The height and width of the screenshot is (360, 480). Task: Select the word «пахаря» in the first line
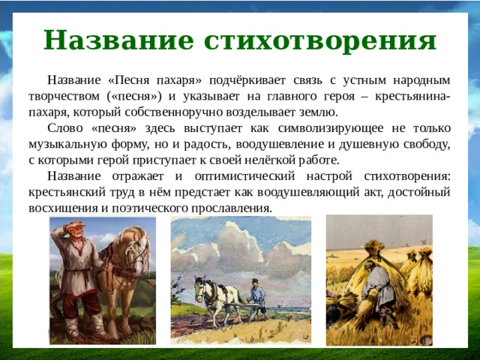[x=178, y=79]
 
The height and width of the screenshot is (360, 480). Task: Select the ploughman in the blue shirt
[x=256, y=295]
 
